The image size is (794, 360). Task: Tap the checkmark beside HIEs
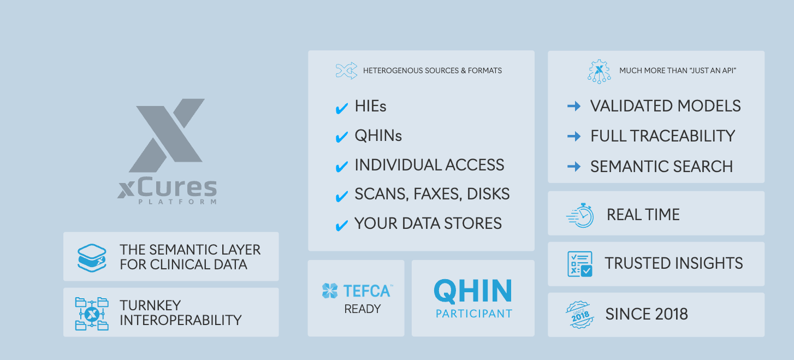pyautogui.click(x=342, y=108)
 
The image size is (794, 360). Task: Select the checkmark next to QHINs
pyautogui.click(x=342, y=138)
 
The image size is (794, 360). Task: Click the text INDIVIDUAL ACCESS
pyautogui.click(x=429, y=165)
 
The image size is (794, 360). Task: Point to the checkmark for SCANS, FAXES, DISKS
pyautogui.click(x=342, y=197)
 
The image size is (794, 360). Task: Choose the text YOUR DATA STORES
pyautogui.click(x=428, y=223)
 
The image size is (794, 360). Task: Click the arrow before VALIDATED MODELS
pyautogui.click(x=574, y=107)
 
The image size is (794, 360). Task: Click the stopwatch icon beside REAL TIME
pyautogui.click(x=580, y=215)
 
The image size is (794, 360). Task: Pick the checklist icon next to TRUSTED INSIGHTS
pyautogui.click(x=579, y=264)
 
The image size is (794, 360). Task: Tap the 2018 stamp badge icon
pyautogui.click(x=579, y=315)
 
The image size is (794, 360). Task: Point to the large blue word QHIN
pyautogui.click(x=473, y=291)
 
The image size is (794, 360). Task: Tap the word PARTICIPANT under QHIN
pyautogui.click(x=473, y=314)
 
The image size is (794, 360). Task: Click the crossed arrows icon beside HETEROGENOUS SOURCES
pyautogui.click(x=346, y=71)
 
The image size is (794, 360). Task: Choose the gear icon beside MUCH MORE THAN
pyautogui.click(x=599, y=71)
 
